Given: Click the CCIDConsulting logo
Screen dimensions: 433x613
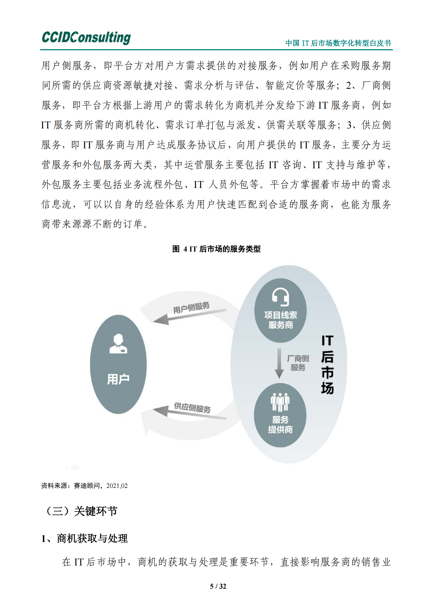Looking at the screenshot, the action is pyautogui.click(x=86, y=37).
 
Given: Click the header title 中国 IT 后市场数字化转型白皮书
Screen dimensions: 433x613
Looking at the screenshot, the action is pyautogui.click(x=338, y=43).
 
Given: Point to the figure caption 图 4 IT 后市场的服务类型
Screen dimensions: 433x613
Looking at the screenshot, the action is pyautogui.click(x=216, y=249).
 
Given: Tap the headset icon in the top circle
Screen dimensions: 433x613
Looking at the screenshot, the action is pyautogui.click(x=280, y=297).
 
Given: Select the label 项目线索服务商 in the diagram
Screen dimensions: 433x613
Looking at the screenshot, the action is pyautogui.click(x=280, y=320).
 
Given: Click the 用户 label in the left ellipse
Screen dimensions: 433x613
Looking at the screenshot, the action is pyautogui.click(x=118, y=379).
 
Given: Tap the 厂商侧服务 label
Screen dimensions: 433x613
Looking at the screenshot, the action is pyautogui.click(x=298, y=363).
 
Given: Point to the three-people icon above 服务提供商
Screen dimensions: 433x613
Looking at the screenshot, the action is pyautogui.click(x=280, y=402).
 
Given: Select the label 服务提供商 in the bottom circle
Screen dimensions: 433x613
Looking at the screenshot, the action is pyautogui.click(x=280, y=425).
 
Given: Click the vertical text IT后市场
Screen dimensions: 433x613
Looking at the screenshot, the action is pyautogui.click(x=327, y=364).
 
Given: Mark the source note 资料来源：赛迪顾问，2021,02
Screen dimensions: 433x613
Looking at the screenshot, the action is pyautogui.click(x=84, y=486).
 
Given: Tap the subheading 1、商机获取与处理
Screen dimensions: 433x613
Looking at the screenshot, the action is pyautogui.click(x=84, y=538).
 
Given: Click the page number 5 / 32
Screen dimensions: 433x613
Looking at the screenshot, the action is pyautogui.click(x=218, y=586).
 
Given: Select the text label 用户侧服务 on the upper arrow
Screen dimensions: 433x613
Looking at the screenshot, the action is pyautogui.click(x=191, y=308).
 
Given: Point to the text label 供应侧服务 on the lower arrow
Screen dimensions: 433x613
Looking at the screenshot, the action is pyautogui.click(x=192, y=408).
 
